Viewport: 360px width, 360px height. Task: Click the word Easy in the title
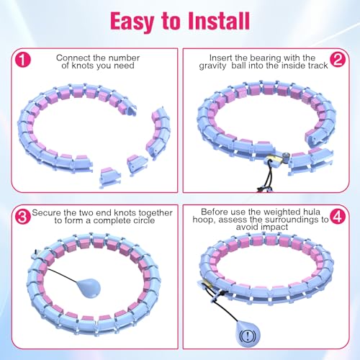tap(132, 22)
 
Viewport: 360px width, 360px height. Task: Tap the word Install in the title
tap(219, 21)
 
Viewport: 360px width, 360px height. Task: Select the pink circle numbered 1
tap(23, 60)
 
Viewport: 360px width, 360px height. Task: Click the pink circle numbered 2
tap(338, 60)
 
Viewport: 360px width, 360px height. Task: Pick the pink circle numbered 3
tap(23, 217)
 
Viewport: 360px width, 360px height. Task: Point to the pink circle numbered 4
tap(338, 216)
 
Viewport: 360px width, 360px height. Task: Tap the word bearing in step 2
tap(265, 58)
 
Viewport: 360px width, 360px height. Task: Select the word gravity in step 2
tap(212, 66)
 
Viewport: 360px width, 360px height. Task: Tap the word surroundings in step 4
tap(286, 220)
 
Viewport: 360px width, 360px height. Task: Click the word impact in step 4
tap(274, 227)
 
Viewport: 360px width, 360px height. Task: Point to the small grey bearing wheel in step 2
tap(286, 156)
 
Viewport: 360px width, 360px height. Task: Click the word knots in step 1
tap(83, 66)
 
